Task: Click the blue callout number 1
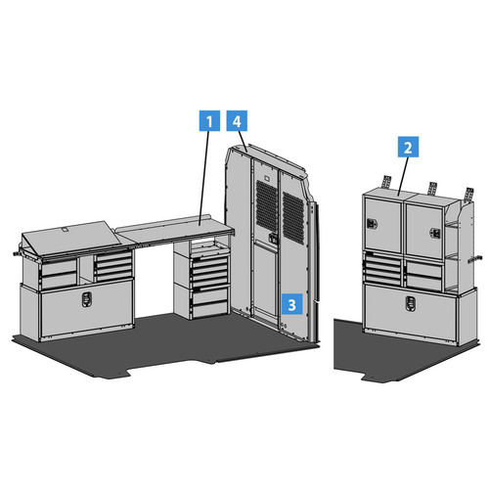209,120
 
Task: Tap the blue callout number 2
408,147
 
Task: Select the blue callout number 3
292,304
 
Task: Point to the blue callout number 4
237,120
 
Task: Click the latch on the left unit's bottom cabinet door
87,299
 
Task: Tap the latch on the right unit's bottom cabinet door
410,303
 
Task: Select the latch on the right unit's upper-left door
372,223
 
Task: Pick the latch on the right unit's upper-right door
435,233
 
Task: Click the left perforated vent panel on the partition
267,205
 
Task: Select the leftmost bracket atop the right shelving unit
386,182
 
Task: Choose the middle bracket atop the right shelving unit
432,189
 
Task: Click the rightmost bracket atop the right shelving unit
469,194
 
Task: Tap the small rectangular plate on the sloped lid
66,230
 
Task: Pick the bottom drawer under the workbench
210,310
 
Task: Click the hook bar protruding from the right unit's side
474,259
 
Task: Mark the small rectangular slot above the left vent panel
267,178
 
